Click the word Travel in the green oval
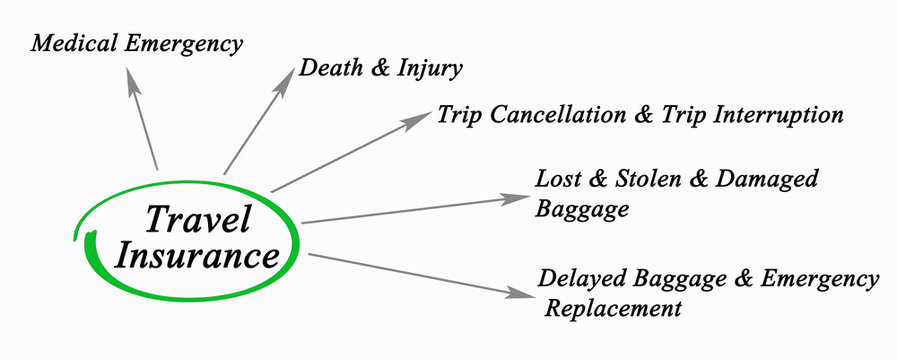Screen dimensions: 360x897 (x=197, y=219)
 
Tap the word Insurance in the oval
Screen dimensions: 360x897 (x=197, y=255)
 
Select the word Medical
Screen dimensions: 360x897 (x=73, y=44)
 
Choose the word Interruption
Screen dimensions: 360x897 (x=773, y=115)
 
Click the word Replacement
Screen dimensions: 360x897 (x=613, y=307)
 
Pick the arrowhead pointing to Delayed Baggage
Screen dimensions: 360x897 (x=522, y=294)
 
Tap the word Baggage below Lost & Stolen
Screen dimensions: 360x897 (x=582, y=209)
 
